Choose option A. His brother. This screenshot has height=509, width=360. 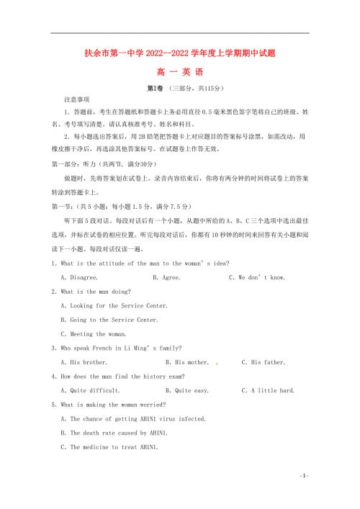coord(84,362)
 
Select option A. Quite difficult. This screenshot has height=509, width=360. coord(90,390)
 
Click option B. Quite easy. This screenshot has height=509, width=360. coord(186,390)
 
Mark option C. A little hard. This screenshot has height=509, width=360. coord(273,390)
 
